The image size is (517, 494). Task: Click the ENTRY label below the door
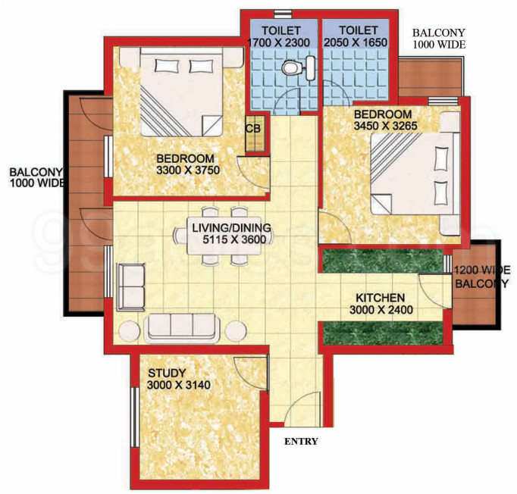[x=301, y=441]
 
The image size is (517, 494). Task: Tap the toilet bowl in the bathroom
[x=290, y=67]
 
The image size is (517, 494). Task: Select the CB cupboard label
[x=253, y=129]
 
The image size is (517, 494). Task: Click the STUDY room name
[x=167, y=373]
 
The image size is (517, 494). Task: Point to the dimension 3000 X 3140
[x=179, y=385]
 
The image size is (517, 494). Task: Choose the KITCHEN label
[x=380, y=298]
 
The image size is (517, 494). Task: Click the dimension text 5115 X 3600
[x=234, y=239]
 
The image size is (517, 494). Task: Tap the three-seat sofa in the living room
[x=181, y=328]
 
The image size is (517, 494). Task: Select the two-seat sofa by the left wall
[x=131, y=287]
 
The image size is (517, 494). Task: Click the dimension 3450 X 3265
[x=385, y=126]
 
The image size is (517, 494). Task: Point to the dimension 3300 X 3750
[x=188, y=170]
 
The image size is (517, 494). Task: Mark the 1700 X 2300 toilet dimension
[x=279, y=42]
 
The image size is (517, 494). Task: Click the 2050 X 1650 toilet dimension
[x=356, y=42]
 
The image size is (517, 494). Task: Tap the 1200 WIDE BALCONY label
[x=481, y=277]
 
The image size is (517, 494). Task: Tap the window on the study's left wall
[x=134, y=417]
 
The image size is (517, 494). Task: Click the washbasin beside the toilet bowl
[x=310, y=68]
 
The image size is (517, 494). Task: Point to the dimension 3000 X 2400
[x=381, y=310]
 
